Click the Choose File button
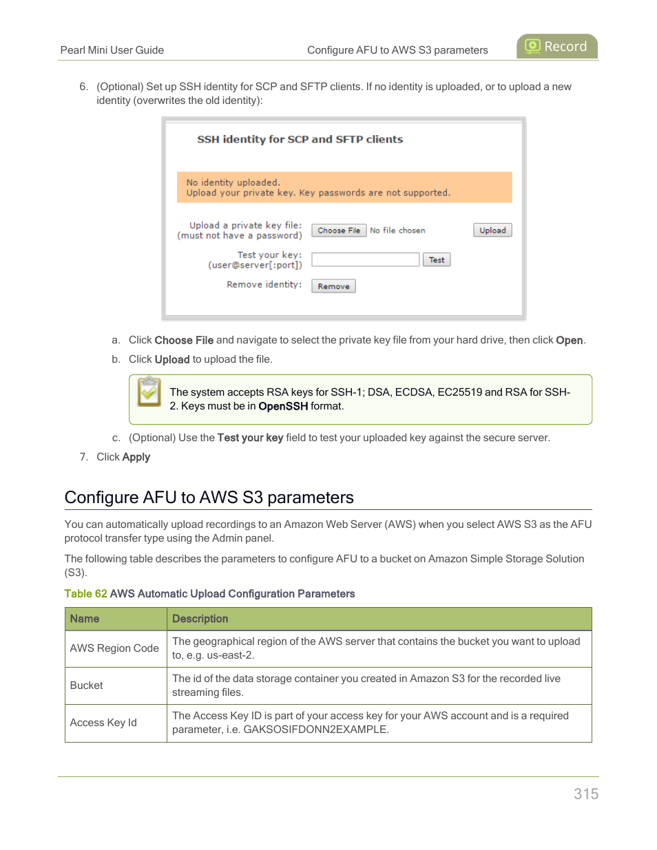tap(338, 231)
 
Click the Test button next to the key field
tap(437, 260)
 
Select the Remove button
tap(333, 286)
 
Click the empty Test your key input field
tap(365, 259)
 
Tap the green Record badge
tap(556, 46)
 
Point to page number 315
tap(586, 794)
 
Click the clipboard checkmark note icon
tap(149, 392)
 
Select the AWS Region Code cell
tap(114, 648)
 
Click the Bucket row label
tap(87, 686)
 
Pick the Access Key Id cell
tap(103, 723)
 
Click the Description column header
tap(200, 619)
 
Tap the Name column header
tap(85, 619)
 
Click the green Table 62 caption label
tap(85, 594)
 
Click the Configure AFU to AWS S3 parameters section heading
tap(209, 498)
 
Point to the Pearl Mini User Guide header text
tap(112, 50)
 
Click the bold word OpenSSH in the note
tap(282, 407)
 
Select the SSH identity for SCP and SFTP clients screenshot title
tap(300, 140)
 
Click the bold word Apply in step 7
tap(136, 457)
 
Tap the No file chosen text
tap(397, 231)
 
